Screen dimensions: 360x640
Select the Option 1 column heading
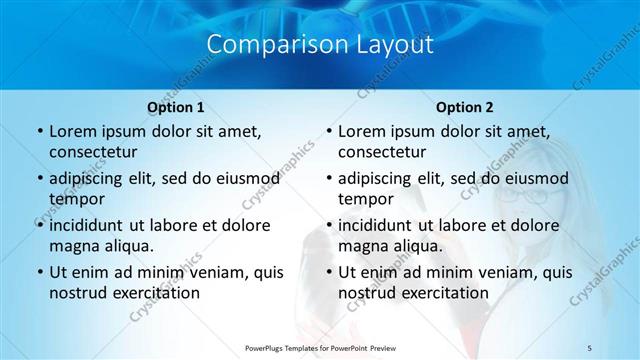(x=176, y=107)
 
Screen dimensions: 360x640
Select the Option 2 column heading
(x=464, y=107)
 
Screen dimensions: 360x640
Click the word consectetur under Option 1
(x=92, y=152)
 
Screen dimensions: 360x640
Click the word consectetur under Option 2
(x=381, y=152)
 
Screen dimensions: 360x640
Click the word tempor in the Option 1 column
(x=77, y=198)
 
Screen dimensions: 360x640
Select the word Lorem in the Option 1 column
(x=71, y=132)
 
